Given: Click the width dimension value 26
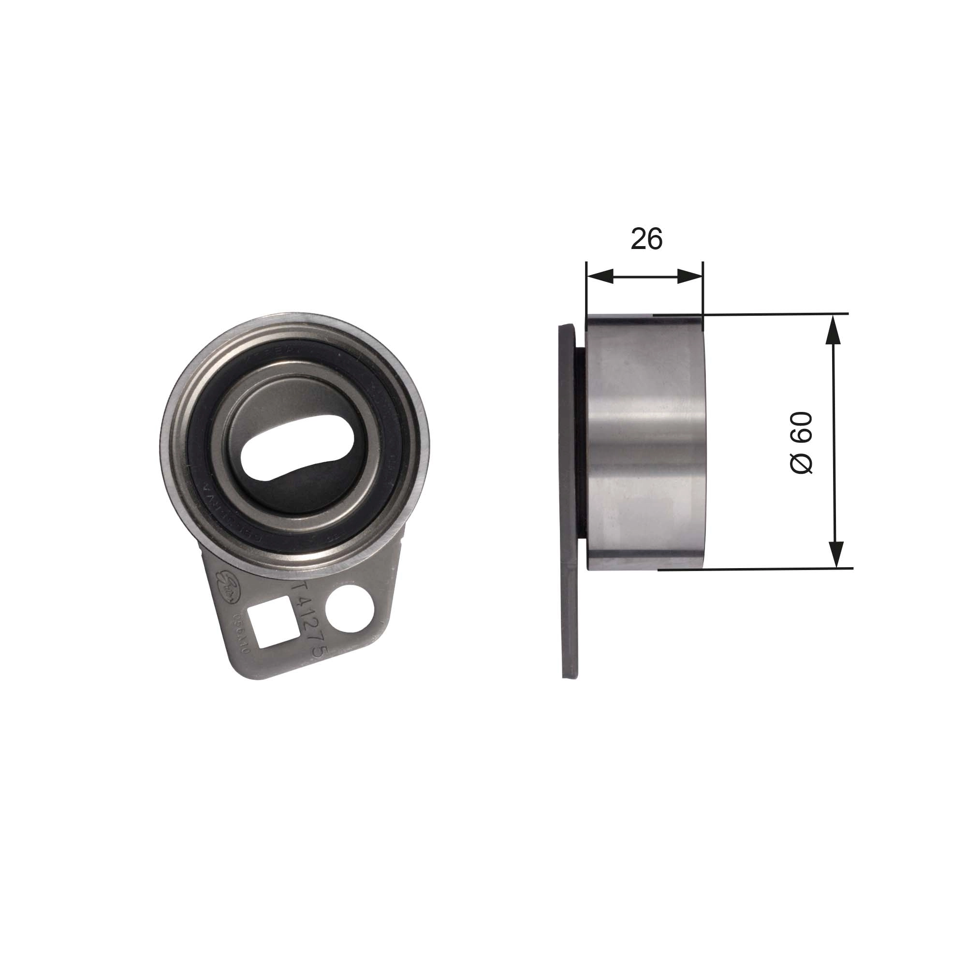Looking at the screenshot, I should click(x=646, y=239).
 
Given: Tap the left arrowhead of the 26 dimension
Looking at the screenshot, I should click(x=600, y=276).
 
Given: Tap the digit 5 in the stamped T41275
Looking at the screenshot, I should click(x=322, y=654).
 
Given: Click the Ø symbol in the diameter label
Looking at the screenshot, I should click(x=801, y=466).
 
